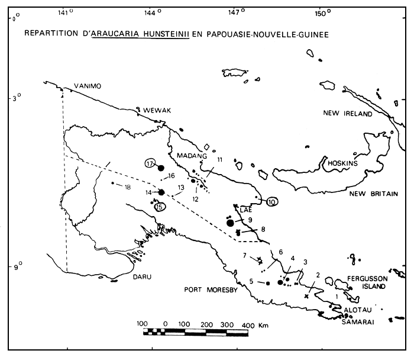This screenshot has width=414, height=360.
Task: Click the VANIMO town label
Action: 88,86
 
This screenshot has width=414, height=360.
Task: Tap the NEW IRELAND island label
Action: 347,114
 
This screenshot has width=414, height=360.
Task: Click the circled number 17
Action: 150,163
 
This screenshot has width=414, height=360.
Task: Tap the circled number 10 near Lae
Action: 271,202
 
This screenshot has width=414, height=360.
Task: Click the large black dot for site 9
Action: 230,223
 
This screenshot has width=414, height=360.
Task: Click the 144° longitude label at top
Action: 153,12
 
